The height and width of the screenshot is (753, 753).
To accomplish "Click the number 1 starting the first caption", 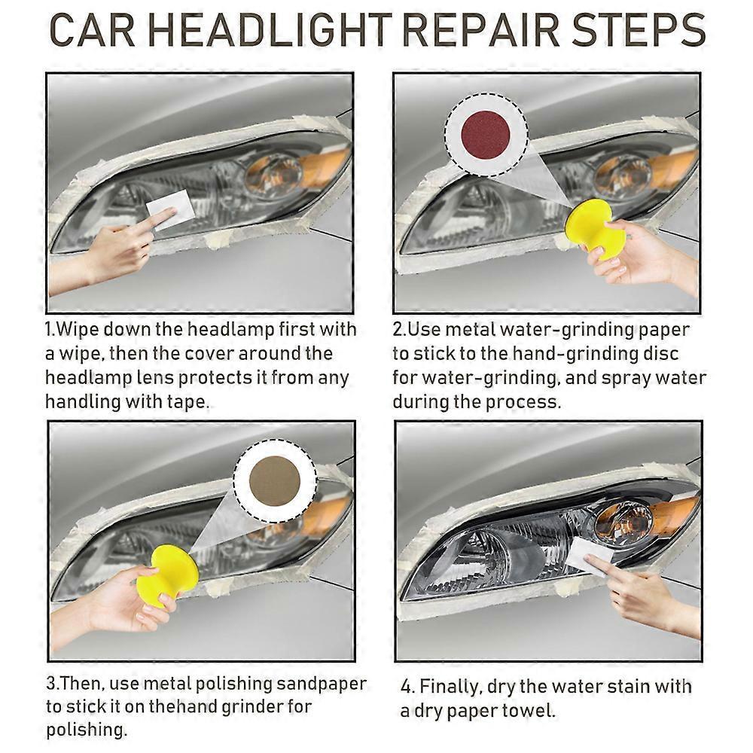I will pyautogui.click(x=49, y=330).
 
